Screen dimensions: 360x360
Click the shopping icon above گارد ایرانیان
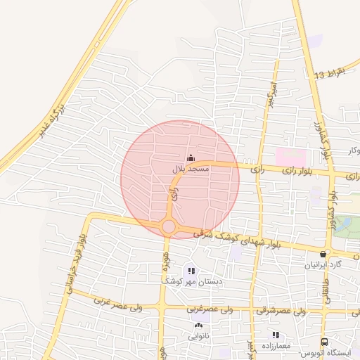coord(323,254)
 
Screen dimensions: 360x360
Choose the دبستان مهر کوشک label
coord(192,281)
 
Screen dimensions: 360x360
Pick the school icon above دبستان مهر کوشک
coord(191,271)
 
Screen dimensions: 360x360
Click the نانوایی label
coord(198,335)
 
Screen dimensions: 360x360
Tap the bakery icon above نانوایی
coord(198,326)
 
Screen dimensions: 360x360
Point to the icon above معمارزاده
coord(276,335)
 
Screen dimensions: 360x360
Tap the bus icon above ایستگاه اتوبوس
coord(323,341)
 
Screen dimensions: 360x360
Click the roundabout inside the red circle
coord(169,226)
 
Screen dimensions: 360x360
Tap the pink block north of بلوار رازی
coord(290,157)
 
